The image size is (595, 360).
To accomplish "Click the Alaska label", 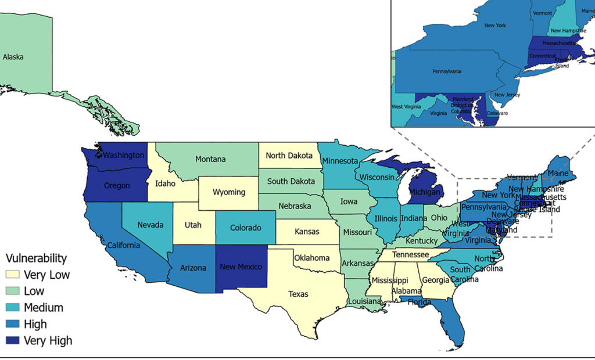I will pyautogui.click(x=13, y=57).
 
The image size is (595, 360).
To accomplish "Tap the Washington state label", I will pyautogui.click(x=123, y=155).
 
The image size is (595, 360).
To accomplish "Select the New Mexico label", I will pyautogui.click(x=241, y=267).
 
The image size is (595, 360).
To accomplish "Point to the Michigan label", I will pyautogui.click(x=425, y=192).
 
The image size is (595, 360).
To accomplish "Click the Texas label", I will pyautogui.click(x=299, y=294).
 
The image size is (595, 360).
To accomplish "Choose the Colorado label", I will pyautogui.click(x=246, y=228).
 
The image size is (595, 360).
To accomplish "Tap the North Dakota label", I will pyautogui.click(x=289, y=156).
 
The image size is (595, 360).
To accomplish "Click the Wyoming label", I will pyautogui.click(x=229, y=192).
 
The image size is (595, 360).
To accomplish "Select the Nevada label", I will pyautogui.click(x=150, y=225).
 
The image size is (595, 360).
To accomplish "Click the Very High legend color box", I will pyautogui.click(x=12, y=341).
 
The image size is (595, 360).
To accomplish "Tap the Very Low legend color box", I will pyautogui.click(x=12, y=275).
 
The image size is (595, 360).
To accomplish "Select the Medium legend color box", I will pyautogui.click(x=12, y=308).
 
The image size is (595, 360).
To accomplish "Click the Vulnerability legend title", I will pyautogui.click(x=36, y=258).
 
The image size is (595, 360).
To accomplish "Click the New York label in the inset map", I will pyautogui.click(x=495, y=26).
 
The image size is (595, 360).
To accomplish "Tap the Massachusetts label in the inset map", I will pyautogui.click(x=558, y=44).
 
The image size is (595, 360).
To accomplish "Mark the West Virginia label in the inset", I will pyautogui.click(x=405, y=107).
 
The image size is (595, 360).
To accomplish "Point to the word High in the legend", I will pyautogui.click(x=35, y=324).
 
